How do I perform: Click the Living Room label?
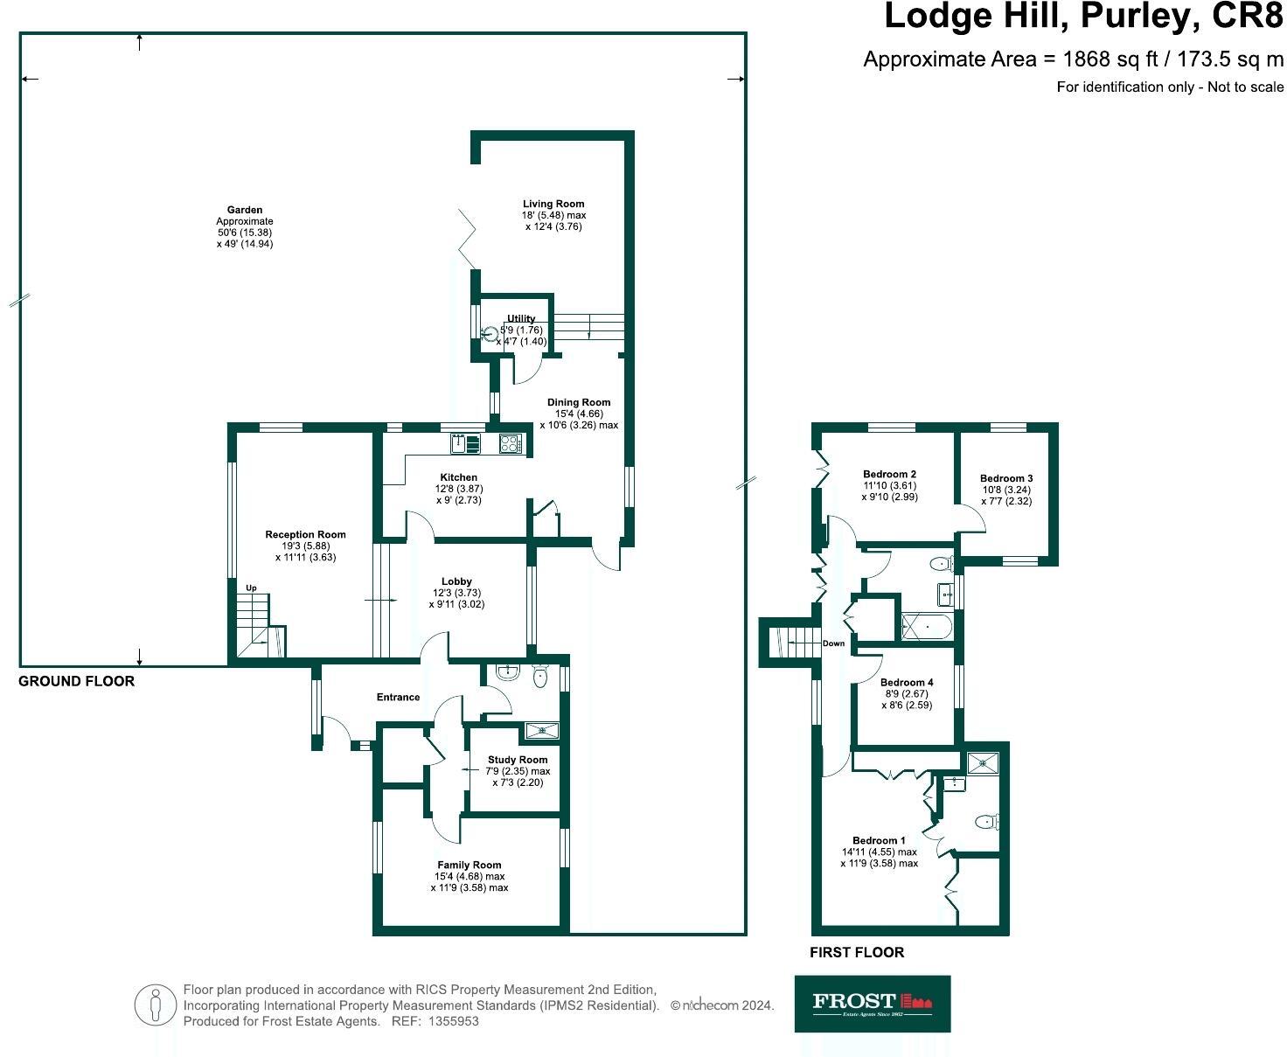553,204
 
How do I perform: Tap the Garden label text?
245,210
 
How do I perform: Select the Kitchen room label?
458,477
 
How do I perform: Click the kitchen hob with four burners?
510,443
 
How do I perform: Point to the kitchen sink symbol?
465,443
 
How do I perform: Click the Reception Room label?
305,534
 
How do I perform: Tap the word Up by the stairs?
251,588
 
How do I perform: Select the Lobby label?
456,581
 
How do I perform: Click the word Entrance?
398,697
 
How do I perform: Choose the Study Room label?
518,760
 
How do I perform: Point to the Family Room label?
470,865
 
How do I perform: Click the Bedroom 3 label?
1006,478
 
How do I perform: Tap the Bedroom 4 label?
907,682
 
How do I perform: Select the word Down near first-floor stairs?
833,643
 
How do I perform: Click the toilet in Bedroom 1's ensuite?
987,822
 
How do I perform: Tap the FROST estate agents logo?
872,1003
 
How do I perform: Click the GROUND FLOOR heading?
77,681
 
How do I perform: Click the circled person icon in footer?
156,1005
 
